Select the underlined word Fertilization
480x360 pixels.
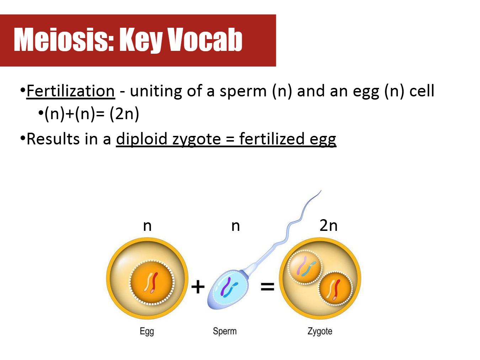click(x=71, y=91)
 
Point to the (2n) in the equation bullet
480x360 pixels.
click(x=124, y=114)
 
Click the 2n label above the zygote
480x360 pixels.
click(x=328, y=226)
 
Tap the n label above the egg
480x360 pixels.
click(x=147, y=227)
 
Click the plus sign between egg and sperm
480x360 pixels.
click(x=198, y=286)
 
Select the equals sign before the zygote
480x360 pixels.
click(x=267, y=287)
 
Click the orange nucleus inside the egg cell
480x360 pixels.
click(x=152, y=282)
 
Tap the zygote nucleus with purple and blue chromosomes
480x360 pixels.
click(x=305, y=267)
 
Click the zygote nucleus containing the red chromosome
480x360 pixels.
click(x=335, y=288)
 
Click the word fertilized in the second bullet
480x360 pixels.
click(x=272, y=139)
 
